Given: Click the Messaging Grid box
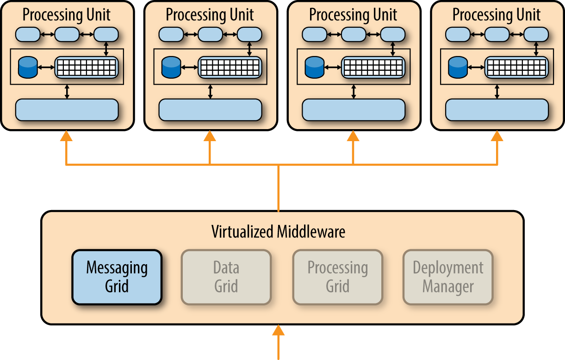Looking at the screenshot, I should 117,277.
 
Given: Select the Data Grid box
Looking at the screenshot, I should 226,277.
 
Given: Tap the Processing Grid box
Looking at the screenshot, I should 338,277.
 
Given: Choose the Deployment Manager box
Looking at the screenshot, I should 448,277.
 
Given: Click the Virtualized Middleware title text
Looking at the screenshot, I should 278,231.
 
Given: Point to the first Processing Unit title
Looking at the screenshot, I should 67,15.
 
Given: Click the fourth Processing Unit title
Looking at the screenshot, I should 497,15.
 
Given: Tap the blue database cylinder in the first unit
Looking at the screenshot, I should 27,68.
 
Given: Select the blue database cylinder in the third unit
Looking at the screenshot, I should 314,68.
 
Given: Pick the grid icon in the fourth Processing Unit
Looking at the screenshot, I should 516,68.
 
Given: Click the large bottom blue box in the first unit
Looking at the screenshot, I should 67,110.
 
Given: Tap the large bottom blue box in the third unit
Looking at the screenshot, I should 354,110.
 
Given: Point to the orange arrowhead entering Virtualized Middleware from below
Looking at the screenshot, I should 278,330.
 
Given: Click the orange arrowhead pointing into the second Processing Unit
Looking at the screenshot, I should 210,136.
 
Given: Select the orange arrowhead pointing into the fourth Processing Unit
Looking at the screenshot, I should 497,136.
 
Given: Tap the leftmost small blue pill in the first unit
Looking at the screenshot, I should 28,34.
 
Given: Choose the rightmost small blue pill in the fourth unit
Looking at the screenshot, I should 536,34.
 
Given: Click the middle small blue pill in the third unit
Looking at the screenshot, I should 354,34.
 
